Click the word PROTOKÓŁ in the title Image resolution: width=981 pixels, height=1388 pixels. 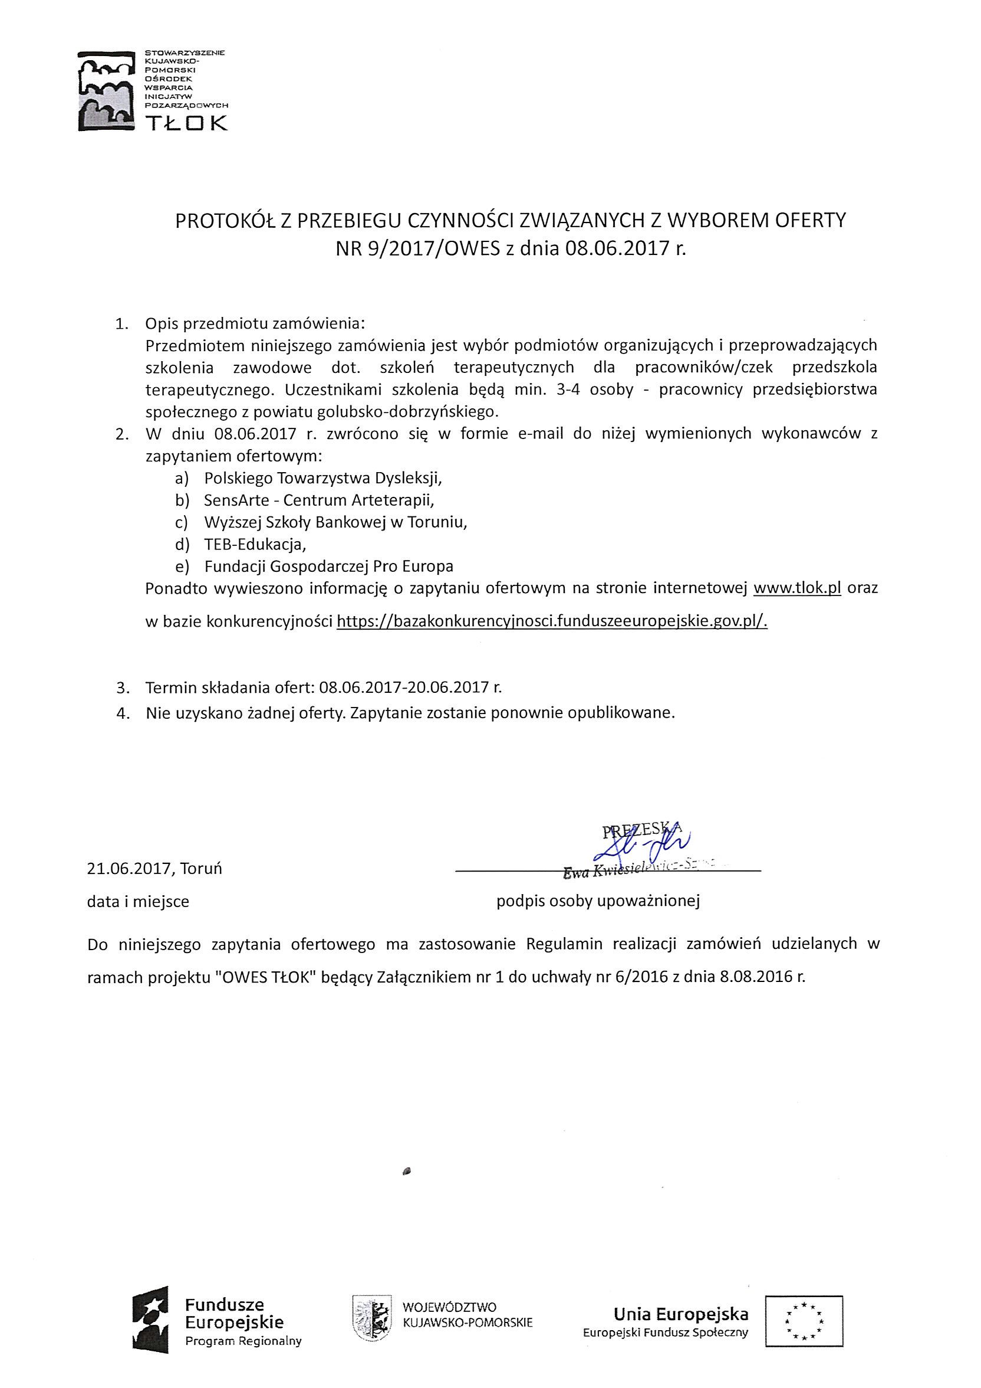coord(223,221)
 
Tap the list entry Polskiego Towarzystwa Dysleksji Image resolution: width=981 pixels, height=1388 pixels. coord(323,478)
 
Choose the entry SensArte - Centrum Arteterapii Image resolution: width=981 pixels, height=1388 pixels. coord(319,500)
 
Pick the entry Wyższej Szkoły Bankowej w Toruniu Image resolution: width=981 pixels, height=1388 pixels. coord(335,522)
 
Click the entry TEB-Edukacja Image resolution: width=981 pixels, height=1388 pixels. coord(255,545)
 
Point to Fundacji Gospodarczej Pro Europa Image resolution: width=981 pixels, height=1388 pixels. coord(328,567)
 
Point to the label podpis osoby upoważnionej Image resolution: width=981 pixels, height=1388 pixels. coord(598,901)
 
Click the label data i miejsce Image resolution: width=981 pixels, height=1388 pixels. coord(138,901)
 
